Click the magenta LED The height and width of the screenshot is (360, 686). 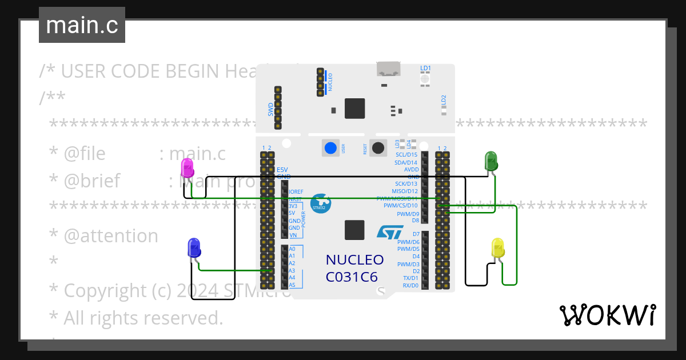[187, 168]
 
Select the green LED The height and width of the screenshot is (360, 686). [491, 161]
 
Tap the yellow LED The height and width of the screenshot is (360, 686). [498, 248]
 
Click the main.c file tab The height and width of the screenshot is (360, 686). [82, 26]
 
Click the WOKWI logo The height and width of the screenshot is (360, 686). [607, 315]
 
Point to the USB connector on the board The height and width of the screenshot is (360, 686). [388, 69]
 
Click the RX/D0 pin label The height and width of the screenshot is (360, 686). [410, 285]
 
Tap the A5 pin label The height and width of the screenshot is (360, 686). [292, 285]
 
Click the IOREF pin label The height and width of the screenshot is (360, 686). [296, 191]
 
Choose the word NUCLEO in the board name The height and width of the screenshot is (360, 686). [354, 260]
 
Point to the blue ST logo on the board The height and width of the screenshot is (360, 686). [390, 231]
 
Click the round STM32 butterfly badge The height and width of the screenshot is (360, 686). [319, 203]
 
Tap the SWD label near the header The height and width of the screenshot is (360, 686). [271, 109]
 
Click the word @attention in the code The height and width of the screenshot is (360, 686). [110, 236]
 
